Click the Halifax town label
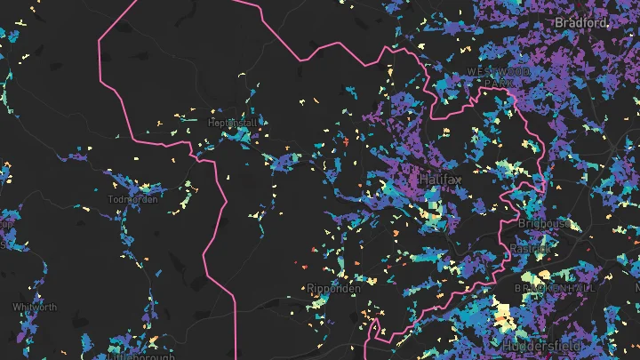coord(442,180)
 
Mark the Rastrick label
coord(532,250)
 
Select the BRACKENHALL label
coord(555,290)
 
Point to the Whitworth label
coord(35,308)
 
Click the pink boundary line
coord(235,293)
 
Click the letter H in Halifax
coord(424,180)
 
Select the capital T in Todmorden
coord(109,199)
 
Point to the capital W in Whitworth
coord(16,308)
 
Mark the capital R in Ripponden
coord(308,288)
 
